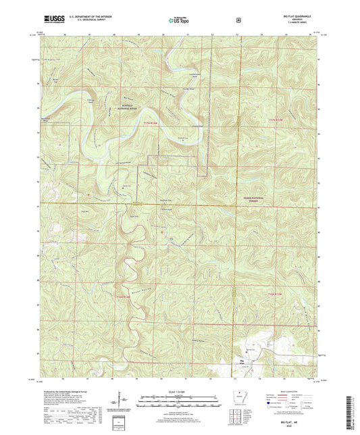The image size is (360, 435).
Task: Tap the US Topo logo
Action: coord(179,21)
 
